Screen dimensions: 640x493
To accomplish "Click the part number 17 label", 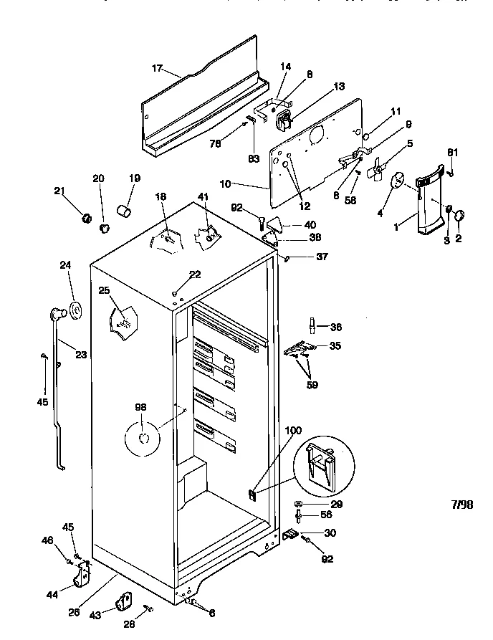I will click(x=157, y=68).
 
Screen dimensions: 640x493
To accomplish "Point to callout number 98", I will click(x=140, y=407).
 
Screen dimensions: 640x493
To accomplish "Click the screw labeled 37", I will click(x=287, y=258).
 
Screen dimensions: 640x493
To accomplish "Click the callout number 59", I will click(x=312, y=385).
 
